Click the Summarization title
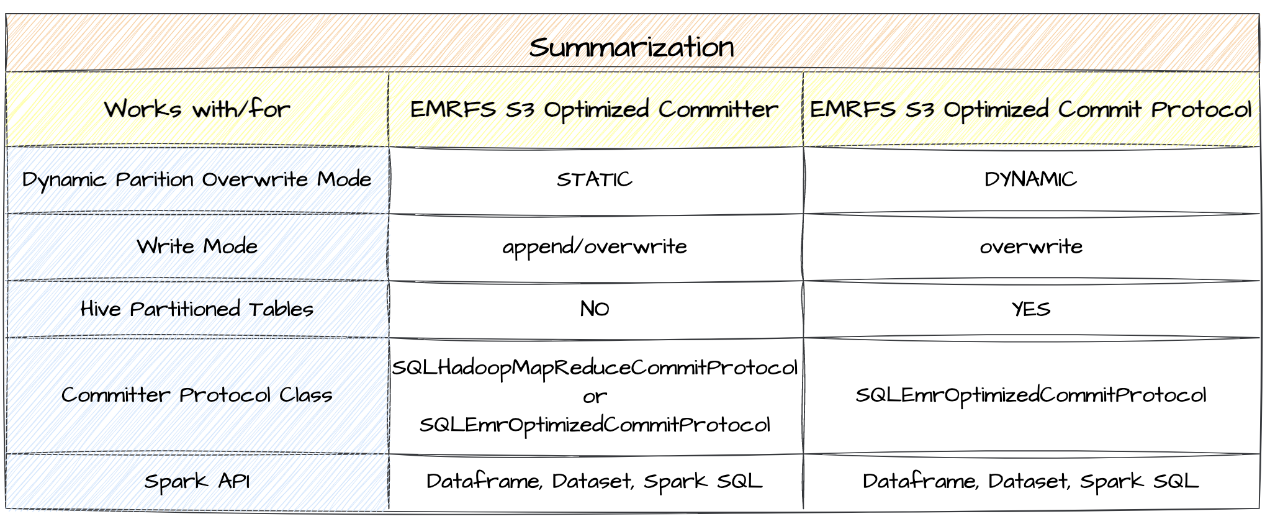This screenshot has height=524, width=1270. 631,48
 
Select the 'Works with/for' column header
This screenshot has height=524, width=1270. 197,110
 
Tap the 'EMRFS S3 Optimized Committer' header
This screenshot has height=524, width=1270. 594,110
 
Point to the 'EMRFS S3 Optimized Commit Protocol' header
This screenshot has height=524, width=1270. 1030,110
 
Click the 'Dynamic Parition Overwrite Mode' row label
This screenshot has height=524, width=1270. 197,180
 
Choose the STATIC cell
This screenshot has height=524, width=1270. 594,180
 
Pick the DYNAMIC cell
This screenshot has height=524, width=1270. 1030,180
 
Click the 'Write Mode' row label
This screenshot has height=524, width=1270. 197,247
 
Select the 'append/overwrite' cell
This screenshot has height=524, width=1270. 594,247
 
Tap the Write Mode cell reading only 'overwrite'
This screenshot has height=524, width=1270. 1030,247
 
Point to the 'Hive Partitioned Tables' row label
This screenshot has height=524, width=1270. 197,309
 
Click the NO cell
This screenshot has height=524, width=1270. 594,309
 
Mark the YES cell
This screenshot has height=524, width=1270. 1030,309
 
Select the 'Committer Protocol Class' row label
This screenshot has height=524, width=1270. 197,395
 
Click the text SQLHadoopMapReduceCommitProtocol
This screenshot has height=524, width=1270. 594,368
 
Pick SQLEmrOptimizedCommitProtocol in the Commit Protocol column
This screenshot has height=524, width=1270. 1030,395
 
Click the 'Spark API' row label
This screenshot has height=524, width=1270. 197,482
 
